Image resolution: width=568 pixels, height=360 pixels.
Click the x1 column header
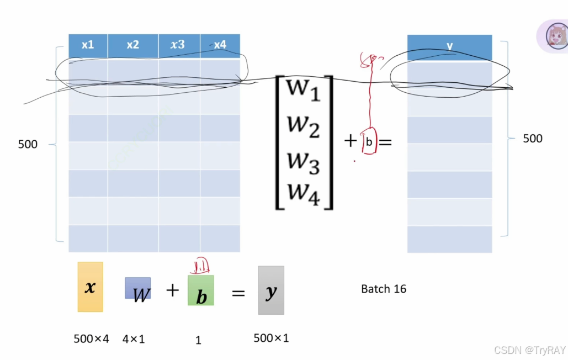click(88, 45)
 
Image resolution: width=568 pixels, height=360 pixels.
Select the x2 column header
click(132, 45)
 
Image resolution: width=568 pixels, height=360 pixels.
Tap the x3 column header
click(178, 45)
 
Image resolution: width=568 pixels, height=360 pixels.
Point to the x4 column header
click(220, 45)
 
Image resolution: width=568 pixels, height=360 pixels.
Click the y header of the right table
click(449, 46)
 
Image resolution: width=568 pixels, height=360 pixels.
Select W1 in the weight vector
click(304, 91)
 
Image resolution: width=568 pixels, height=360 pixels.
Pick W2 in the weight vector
click(304, 125)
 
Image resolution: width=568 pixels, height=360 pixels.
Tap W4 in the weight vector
click(304, 193)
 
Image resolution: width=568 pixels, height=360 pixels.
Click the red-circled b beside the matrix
click(369, 142)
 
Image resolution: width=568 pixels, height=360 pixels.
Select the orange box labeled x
click(90, 287)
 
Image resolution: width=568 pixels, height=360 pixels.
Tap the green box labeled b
click(201, 290)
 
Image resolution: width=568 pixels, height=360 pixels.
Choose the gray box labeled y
click(271, 290)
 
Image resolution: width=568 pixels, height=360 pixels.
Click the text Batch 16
click(384, 289)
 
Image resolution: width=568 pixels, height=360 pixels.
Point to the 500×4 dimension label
click(91, 339)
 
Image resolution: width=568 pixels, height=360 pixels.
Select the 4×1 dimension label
click(134, 339)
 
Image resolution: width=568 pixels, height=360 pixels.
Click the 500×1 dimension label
click(271, 338)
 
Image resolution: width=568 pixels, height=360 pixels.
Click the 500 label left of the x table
click(28, 145)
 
